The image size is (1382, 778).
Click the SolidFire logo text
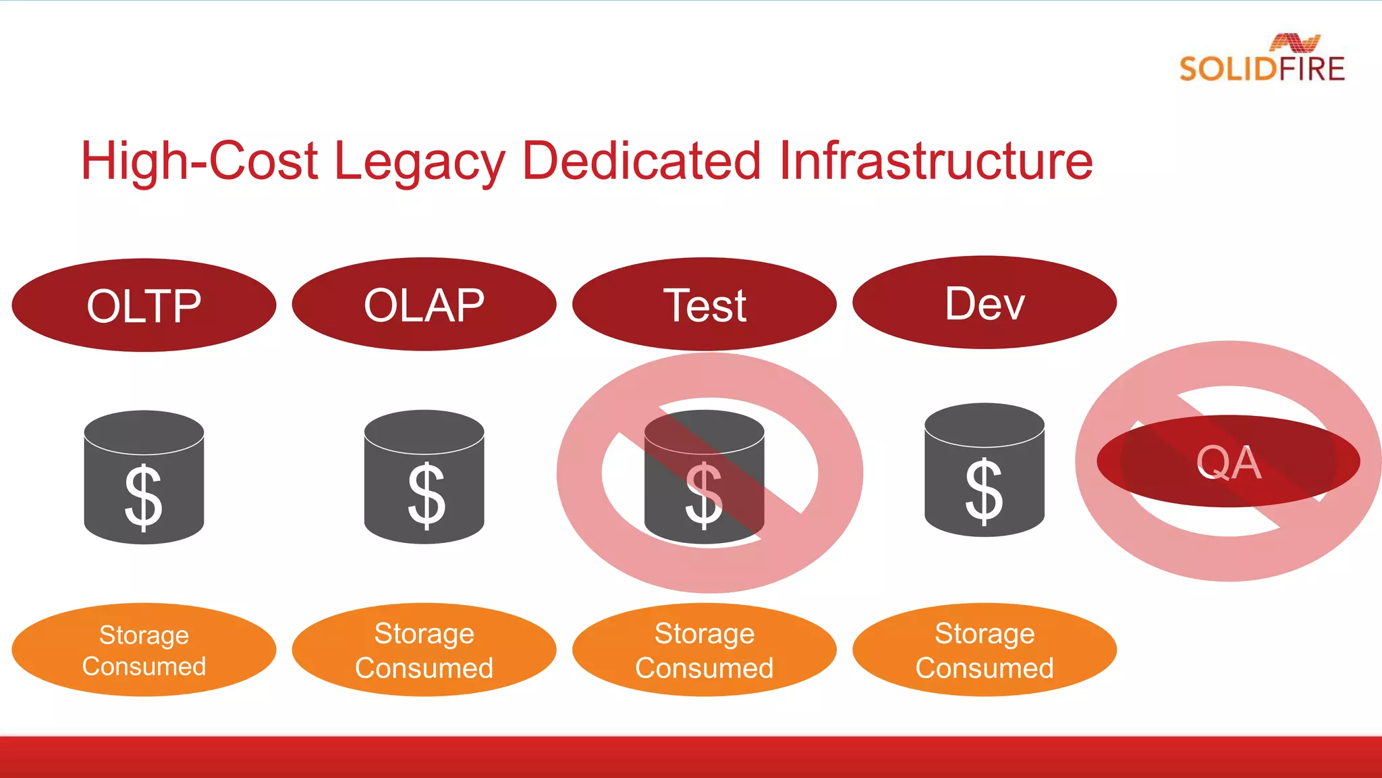click(x=1261, y=70)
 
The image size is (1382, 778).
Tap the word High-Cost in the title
click(x=198, y=162)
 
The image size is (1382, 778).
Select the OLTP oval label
click(x=144, y=305)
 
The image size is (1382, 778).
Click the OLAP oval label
click(x=424, y=305)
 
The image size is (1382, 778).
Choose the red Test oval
click(x=704, y=305)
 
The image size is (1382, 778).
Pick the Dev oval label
click(x=985, y=303)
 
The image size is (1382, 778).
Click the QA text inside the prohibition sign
click(x=1228, y=463)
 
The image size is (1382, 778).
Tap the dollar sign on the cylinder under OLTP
click(x=144, y=498)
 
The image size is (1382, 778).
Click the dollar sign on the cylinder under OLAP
click(x=426, y=496)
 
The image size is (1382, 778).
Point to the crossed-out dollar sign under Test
click(x=704, y=496)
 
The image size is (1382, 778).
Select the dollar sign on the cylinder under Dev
click(x=984, y=491)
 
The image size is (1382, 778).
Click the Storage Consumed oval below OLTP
click(x=144, y=650)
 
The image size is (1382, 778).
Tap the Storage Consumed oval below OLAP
click(x=424, y=650)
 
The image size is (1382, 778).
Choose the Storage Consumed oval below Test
click(x=704, y=650)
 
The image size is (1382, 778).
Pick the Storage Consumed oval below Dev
click(x=985, y=650)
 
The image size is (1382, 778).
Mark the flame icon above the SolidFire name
click(x=1294, y=43)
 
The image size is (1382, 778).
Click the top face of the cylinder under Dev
click(x=985, y=424)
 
